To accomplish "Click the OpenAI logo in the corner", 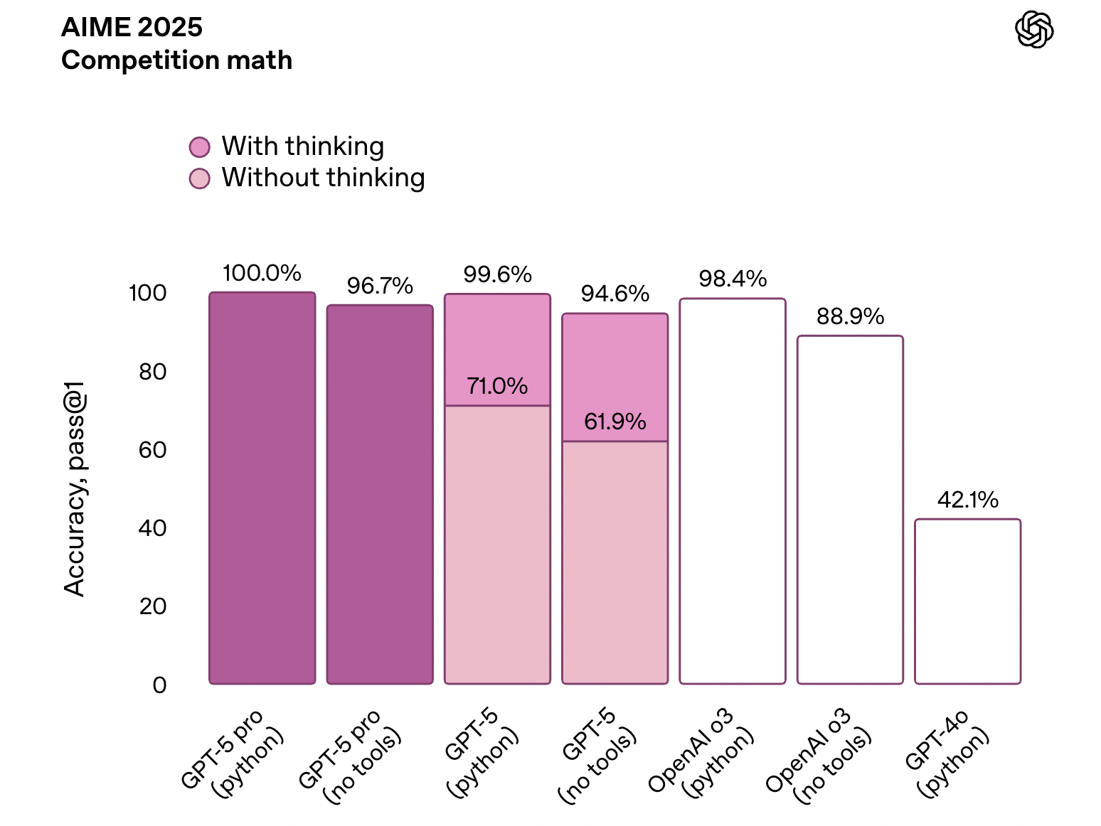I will [x=1033, y=30].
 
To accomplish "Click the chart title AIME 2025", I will [x=132, y=27].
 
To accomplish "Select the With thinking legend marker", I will [x=199, y=147].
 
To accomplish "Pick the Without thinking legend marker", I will [x=199, y=178].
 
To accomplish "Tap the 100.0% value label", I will [x=262, y=273].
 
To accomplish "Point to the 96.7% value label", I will [x=380, y=286].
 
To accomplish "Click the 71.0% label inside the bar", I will [x=497, y=386].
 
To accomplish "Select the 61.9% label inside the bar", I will [x=615, y=422].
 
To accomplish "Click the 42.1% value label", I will [x=967, y=500].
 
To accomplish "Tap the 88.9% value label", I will [x=850, y=316].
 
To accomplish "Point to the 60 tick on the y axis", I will [x=152, y=449].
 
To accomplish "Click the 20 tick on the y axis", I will [x=152, y=606].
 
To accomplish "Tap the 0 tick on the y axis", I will [x=159, y=685].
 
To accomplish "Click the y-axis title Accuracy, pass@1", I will [x=74, y=489].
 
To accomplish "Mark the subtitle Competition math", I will [x=176, y=60].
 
